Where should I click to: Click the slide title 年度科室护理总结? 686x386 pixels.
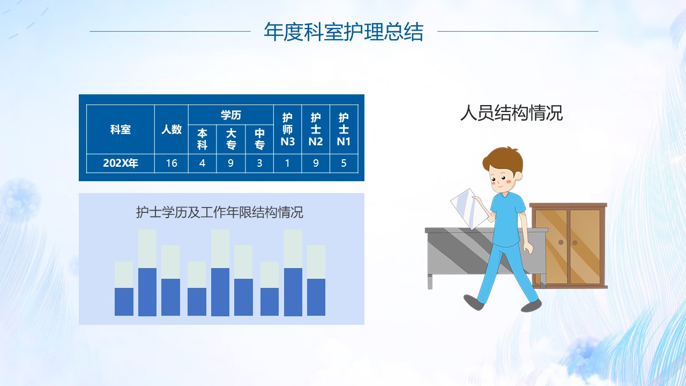(344, 32)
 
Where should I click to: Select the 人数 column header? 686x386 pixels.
(171, 129)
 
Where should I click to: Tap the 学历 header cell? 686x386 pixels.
(230, 115)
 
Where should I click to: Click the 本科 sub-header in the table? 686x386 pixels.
(202, 139)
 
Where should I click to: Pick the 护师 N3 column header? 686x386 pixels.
(288, 129)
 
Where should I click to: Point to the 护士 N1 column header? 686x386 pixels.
(344, 129)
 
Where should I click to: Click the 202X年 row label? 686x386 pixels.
(121, 163)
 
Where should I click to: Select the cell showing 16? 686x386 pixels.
(171, 163)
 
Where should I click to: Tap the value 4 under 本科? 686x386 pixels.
(202, 163)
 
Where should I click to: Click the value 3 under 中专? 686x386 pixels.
(259, 163)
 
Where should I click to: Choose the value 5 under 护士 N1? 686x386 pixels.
(344, 163)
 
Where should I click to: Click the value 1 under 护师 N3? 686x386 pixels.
(287, 163)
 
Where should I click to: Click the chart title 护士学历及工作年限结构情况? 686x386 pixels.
(220, 212)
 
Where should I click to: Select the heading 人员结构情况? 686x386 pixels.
(511, 113)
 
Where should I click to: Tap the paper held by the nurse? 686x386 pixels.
(469, 209)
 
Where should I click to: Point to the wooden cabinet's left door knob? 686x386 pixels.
(561, 242)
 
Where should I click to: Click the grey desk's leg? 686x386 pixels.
(430, 281)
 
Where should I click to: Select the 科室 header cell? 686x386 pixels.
(121, 129)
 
